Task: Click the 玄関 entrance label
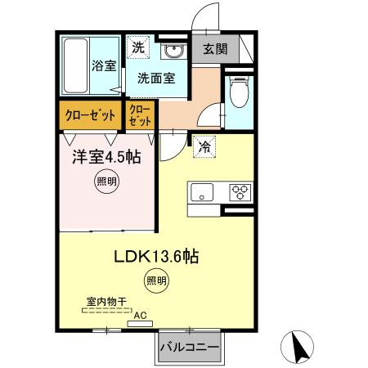217,49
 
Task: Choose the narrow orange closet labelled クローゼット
141,115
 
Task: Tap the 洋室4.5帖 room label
105,155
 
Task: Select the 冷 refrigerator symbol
202,148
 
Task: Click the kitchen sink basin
202,193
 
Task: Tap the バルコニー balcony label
189,348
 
